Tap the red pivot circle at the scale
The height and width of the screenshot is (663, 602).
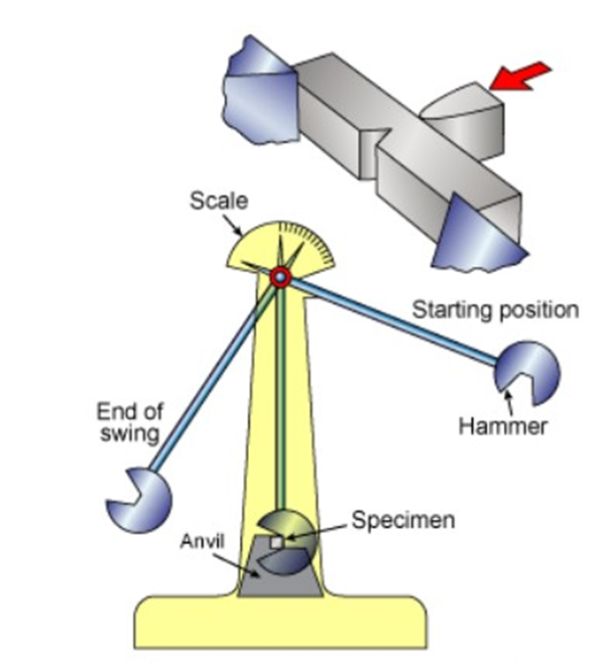click(x=281, y=277)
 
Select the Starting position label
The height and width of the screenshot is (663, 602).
click(x=495, y=310)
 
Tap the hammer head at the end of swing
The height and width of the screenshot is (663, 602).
click(x=139, y=500)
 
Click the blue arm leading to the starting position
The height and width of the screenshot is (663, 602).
click(x=397, y=322)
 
